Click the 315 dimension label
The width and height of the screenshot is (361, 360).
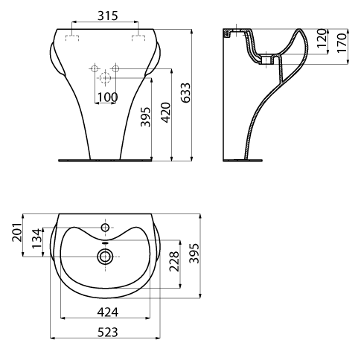pyautogui.click(x=107, y=16)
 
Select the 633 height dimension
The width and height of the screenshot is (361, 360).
pyautogui.click(x=186, y=92)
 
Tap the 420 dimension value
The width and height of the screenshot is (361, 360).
pyautogui.click(x=166, y=112)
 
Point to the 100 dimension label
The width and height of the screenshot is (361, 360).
pyautogui.click(x=107, y=97)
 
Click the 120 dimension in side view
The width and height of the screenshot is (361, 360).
pyautogui.click(x=322, y=38)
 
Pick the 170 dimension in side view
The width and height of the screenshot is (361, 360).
pyautogui.click(x=342, y=42)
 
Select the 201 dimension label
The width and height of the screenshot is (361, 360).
pyautogui.click(x=17, y=232)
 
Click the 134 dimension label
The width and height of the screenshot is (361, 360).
pyautogui.click(x=36, y=238)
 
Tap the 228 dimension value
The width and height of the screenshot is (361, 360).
pyautogui.click(x=174, y=261)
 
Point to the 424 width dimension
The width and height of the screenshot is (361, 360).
pyautogui.click(x=107, y=312)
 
